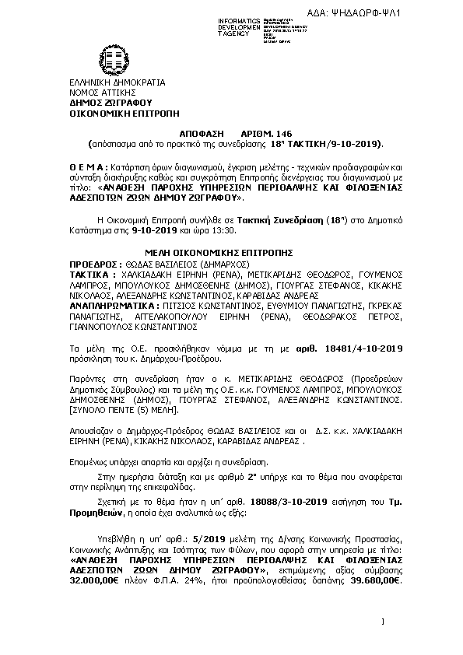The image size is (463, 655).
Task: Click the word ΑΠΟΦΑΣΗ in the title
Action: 212,134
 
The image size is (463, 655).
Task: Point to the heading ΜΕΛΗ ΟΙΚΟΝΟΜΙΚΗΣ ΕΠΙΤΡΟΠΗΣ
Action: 219,253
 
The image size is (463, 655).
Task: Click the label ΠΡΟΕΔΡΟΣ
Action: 95,264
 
